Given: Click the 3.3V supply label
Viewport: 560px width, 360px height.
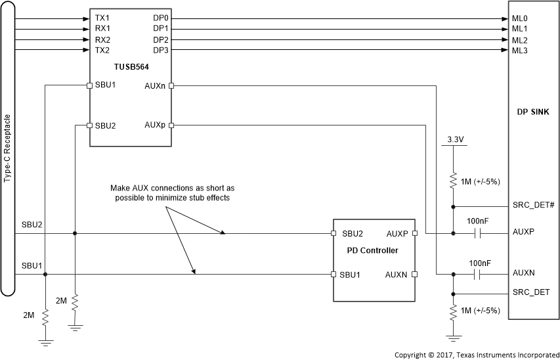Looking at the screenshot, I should coord(453,139).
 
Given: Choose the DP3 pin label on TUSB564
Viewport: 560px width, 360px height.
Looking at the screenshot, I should coord(161,51).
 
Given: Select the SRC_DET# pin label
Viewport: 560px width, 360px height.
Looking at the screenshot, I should coord(532,206).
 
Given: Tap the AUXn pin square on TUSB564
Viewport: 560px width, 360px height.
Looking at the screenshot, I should coord(171,85).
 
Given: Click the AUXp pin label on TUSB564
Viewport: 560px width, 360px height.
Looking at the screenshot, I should coord(155,125).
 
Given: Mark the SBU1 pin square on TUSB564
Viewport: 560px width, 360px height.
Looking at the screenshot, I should coord(90,85).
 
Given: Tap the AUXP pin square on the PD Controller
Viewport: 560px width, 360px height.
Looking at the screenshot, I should coord(415,233).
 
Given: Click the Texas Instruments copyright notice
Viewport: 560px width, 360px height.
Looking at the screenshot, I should coord(476,354).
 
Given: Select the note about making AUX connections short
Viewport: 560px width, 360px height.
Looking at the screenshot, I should coord(169,192).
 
